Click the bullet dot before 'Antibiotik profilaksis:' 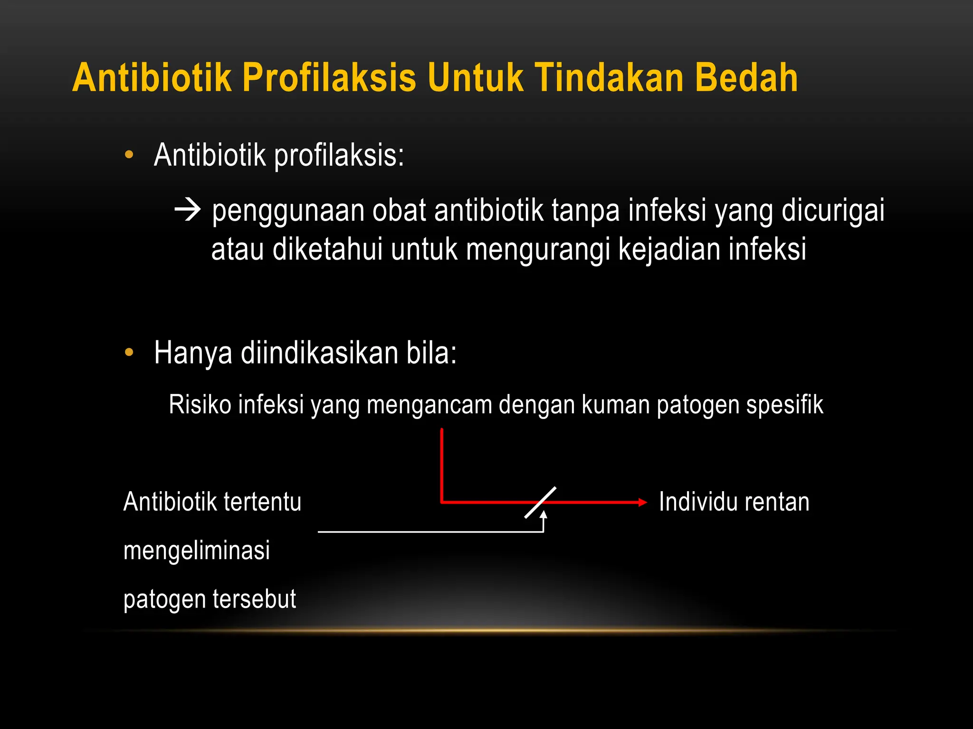(129, 155)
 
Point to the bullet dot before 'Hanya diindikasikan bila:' (129, 353)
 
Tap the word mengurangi (537, 250)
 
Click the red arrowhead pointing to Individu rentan (642, 502)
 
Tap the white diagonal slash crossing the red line (540, 502)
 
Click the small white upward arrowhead (543, 514)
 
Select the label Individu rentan (734, 502)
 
